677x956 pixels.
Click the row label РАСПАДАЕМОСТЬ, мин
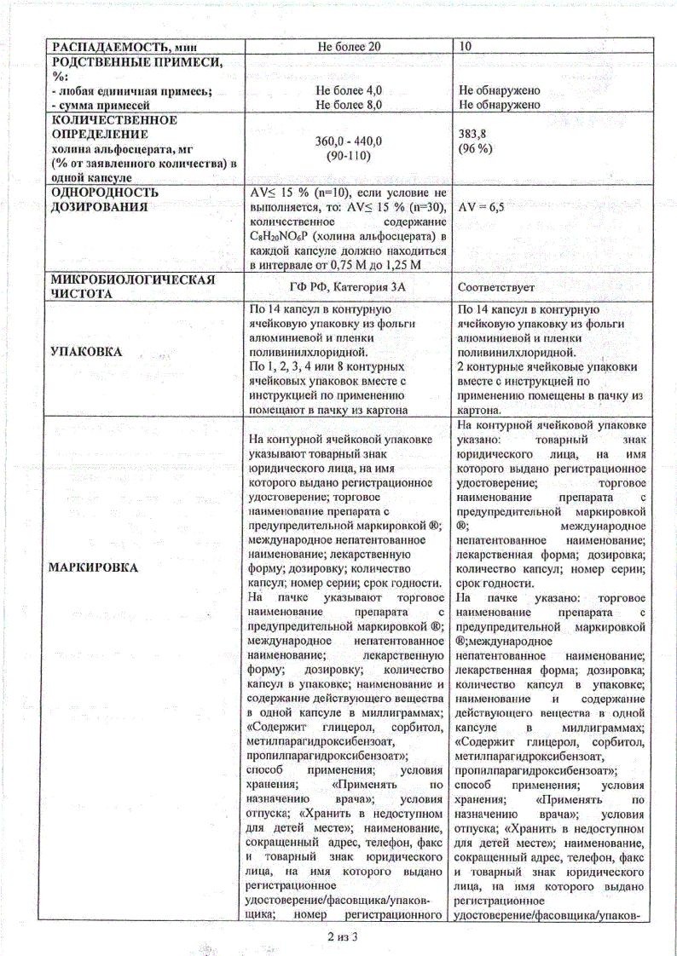(x=125, y=46)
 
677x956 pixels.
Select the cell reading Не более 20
(x=349, y=46)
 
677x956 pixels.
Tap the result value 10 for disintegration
(x=466, y=46)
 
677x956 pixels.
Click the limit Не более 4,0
(x=349, y=90)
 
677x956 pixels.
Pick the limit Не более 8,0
(x=349, y=105)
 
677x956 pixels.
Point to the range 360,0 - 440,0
(x=349, y=141)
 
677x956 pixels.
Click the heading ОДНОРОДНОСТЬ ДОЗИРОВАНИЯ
(x=105, y=199)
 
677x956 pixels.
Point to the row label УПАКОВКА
(x=86, y=351)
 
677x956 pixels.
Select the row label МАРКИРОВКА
(x=94, y=567)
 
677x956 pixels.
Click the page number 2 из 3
(x=339, y=936)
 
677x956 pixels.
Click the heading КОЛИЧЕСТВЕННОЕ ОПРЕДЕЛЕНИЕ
(x=114, y=127)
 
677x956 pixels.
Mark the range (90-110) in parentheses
(x=349, y=156)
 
